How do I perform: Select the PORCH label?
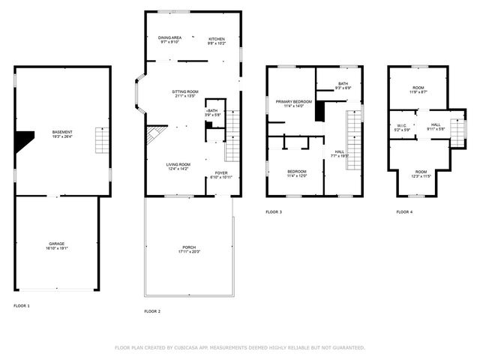[x=189, y=249]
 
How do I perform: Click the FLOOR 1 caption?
[x=22, y=306]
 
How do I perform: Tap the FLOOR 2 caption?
[x=152, y=311]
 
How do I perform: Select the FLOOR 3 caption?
[x=274, y=212]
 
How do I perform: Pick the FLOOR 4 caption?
[x=404, y=212]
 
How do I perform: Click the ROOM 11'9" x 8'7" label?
[x=418, y=89]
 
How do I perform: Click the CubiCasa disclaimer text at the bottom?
[x=240, y=348]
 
